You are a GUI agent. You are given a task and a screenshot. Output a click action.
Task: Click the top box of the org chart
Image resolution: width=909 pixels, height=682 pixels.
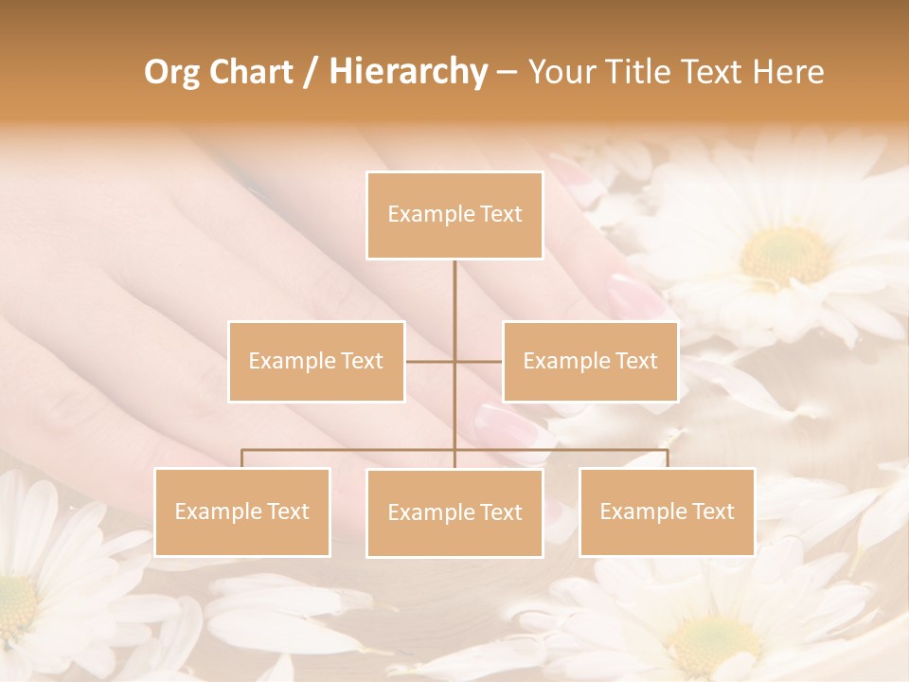coord(454,215)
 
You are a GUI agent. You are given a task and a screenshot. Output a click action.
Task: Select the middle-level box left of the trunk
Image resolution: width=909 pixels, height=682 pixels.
coord(316,361)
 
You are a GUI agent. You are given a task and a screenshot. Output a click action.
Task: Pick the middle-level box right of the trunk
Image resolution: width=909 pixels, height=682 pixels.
coord(590,361)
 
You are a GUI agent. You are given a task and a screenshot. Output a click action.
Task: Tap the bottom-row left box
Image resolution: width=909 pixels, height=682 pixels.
coord(242,511)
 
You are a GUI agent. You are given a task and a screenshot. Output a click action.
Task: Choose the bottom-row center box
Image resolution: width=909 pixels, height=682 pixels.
coord(454,512)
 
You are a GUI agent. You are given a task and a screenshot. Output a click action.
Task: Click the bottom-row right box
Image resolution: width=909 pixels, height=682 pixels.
coord(667,511)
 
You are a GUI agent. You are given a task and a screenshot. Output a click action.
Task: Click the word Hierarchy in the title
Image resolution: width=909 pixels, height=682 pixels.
coord(407,72)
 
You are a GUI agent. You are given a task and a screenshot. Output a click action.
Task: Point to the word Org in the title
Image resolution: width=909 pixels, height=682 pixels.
coord(171,72)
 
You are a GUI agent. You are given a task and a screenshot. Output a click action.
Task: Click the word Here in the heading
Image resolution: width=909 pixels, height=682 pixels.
coord(788,72)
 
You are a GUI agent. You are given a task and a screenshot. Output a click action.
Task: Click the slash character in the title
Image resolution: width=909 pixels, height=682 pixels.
coord(311,73)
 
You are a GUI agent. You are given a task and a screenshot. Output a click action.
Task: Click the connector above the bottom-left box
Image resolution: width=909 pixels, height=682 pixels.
coord(241,458)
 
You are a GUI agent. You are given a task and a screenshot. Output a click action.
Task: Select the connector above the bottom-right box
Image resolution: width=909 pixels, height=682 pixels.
coord(668,458)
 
